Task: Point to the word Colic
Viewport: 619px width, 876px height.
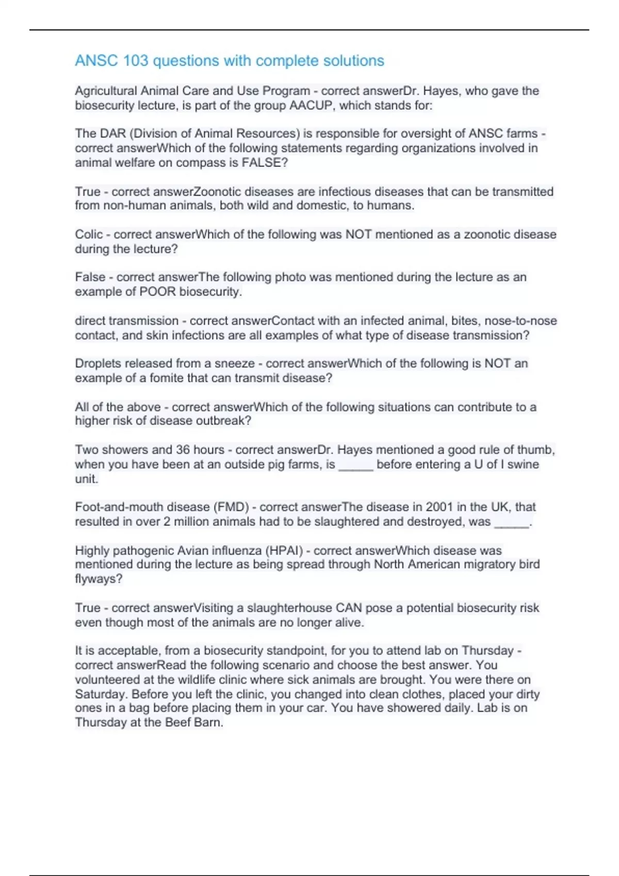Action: tap(89, 234)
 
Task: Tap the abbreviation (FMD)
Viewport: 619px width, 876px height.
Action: tap(231, 507)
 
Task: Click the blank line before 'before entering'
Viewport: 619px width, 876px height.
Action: tap(355, 465)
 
